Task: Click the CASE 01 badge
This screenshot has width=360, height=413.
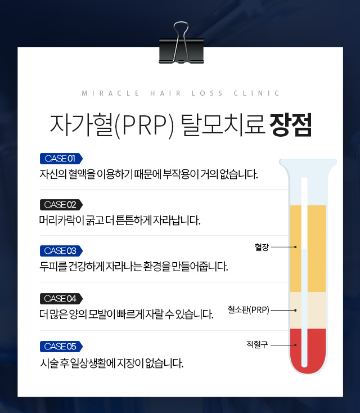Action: click(x=61, y=159)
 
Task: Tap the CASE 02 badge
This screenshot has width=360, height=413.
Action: click(x=61, y=205)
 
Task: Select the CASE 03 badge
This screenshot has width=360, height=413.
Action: click(x=61, y=251)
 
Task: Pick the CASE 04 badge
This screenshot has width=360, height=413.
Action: click(x=61, y=299)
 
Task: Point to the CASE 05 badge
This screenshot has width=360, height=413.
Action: click(x=61, y=347)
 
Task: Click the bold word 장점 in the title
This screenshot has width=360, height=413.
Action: click(x=291, y=125)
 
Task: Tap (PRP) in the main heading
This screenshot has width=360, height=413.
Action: click(x=145, y=125)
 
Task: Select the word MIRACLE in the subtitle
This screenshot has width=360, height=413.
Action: click(x=111, y=93)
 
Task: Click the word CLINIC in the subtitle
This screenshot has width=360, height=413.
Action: click(x=256, y=93)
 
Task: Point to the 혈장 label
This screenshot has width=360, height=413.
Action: click(x=262, y=247)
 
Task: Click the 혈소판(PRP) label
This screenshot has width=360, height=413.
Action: click(x=248, y=310)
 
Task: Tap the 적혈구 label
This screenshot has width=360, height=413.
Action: click(x=257, y=344)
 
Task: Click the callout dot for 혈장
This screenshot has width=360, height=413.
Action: click(x=295, y=247)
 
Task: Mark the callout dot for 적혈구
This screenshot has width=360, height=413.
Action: click(x=295, y=345)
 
